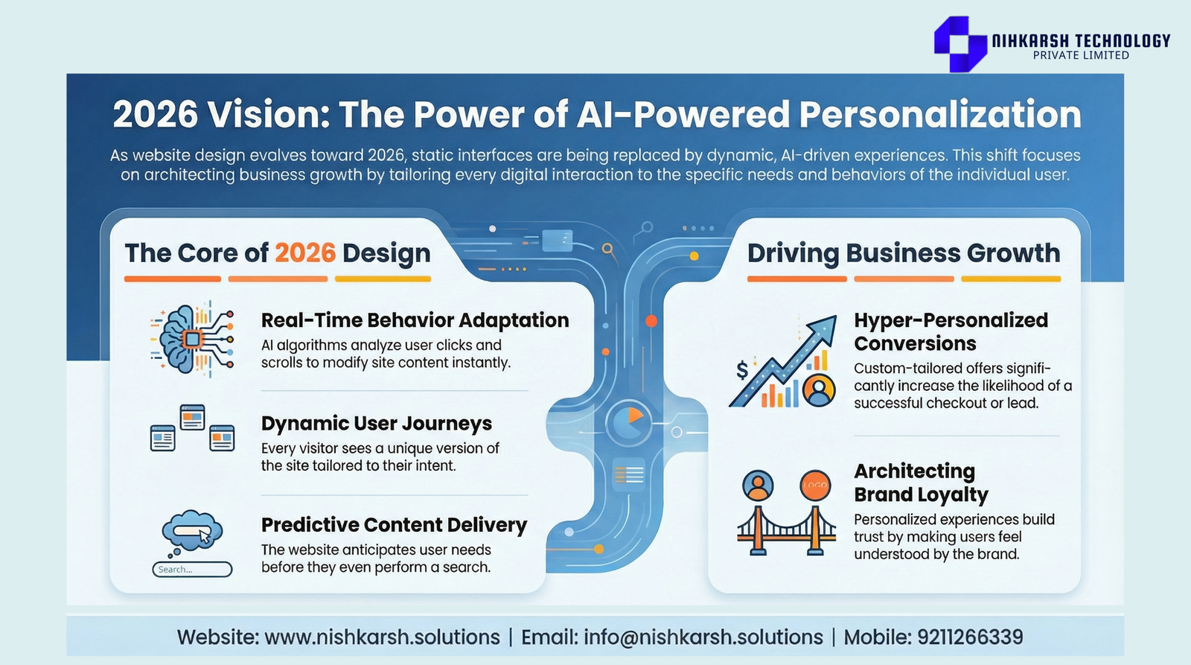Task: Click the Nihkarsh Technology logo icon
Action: pos(960,44)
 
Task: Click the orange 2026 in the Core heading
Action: pos(305,252)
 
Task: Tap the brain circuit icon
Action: pos(192,339)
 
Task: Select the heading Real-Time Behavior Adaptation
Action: pos(415,320)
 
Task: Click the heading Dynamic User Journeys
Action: pos(377,424)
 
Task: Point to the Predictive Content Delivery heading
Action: pos(394,525)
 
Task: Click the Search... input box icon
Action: pos(192,569)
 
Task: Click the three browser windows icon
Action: pos(192,427)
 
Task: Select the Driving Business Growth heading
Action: pos(904,253)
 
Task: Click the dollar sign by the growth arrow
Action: pos(741,369)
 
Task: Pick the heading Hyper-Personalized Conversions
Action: pos(951,332)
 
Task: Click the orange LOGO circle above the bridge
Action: pos(815,486)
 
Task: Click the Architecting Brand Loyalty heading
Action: pos(921,483)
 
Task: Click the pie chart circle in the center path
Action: pos(628,424)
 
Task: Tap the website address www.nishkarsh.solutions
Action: pos(383,637)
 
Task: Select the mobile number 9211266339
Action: pos(971,637)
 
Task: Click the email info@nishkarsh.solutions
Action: pos(703,637)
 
